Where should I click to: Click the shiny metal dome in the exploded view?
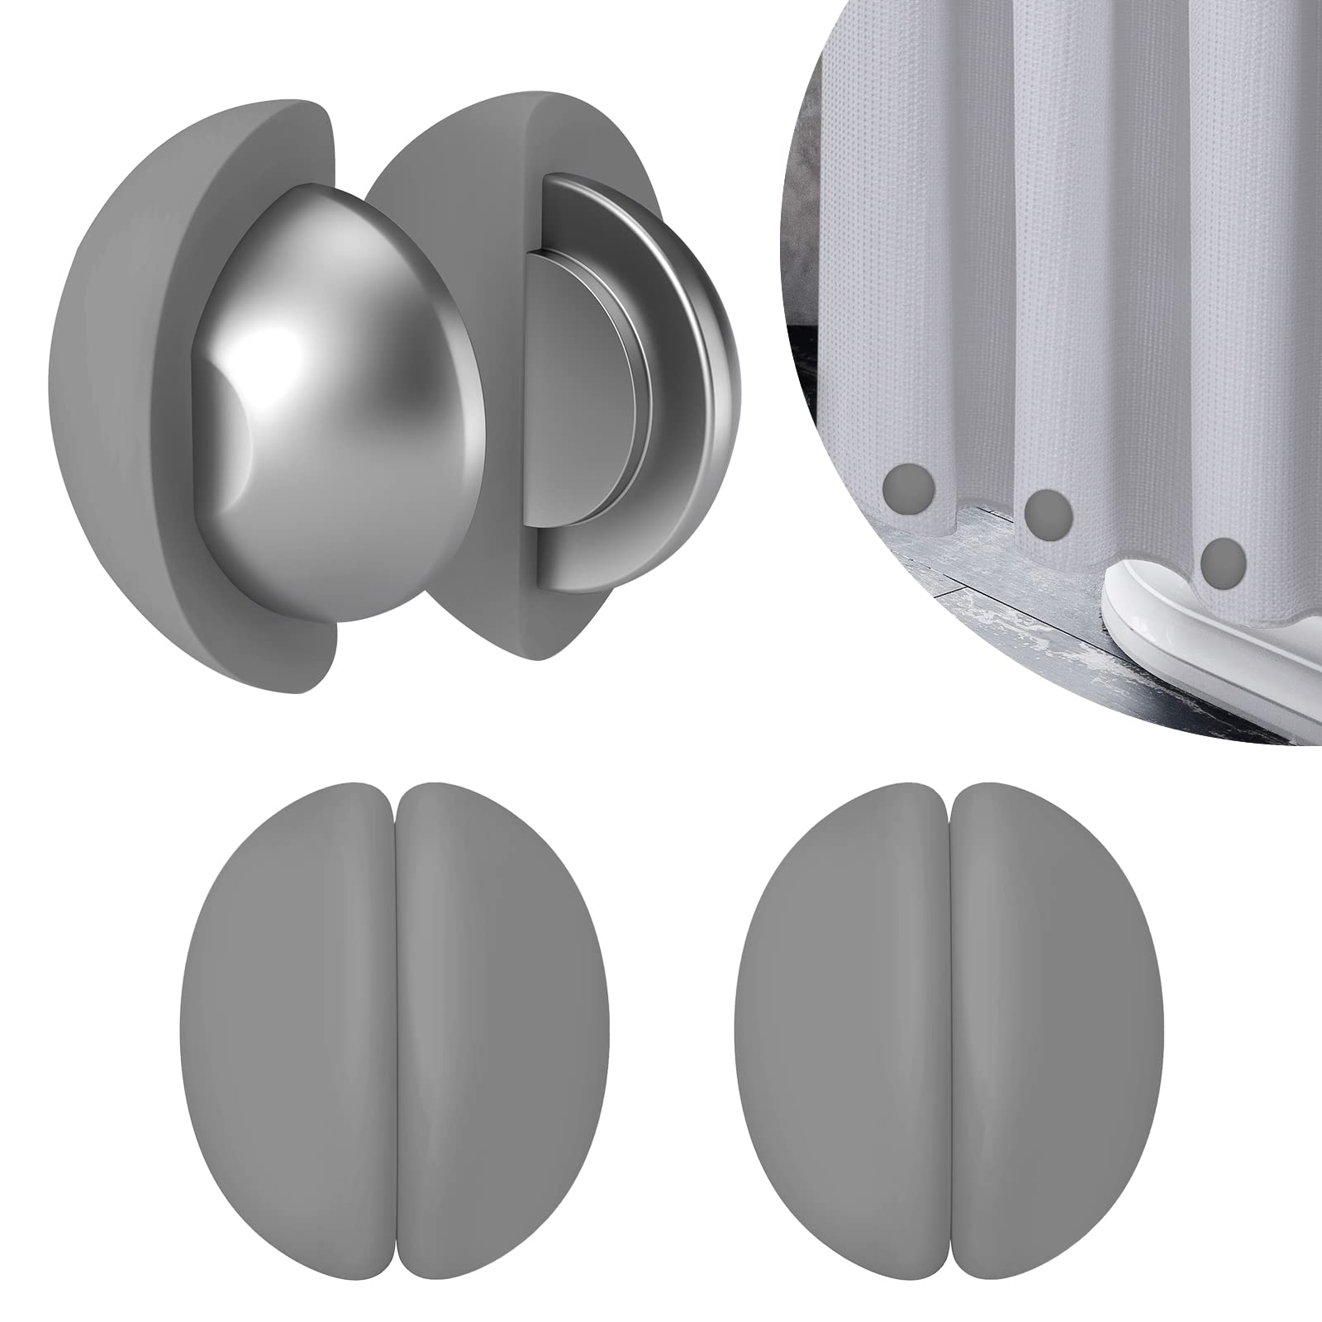(330, 413)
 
